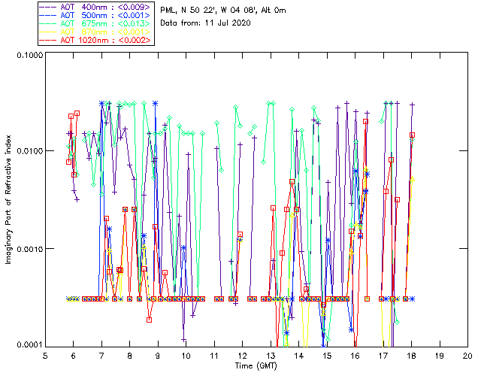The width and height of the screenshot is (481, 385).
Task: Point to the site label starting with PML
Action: [223, 10]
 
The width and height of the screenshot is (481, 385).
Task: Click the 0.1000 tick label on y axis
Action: [28, 55]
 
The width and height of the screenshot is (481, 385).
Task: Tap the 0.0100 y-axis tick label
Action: [28, 152]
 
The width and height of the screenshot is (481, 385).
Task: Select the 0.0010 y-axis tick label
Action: [28, 249]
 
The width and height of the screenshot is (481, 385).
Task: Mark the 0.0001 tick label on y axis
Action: [28, 345]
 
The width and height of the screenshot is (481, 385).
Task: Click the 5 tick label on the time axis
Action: [45, 355]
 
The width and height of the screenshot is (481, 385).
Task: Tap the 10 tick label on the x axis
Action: [186, 355]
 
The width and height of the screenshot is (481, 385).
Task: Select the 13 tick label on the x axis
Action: [270, 355]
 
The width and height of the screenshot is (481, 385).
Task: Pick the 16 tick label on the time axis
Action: [355, 355]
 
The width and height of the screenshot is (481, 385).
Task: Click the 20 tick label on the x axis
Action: [467, 355]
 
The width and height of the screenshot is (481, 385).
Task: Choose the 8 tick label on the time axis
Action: [129, 355]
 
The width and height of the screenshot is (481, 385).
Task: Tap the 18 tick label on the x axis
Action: [411, 355]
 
